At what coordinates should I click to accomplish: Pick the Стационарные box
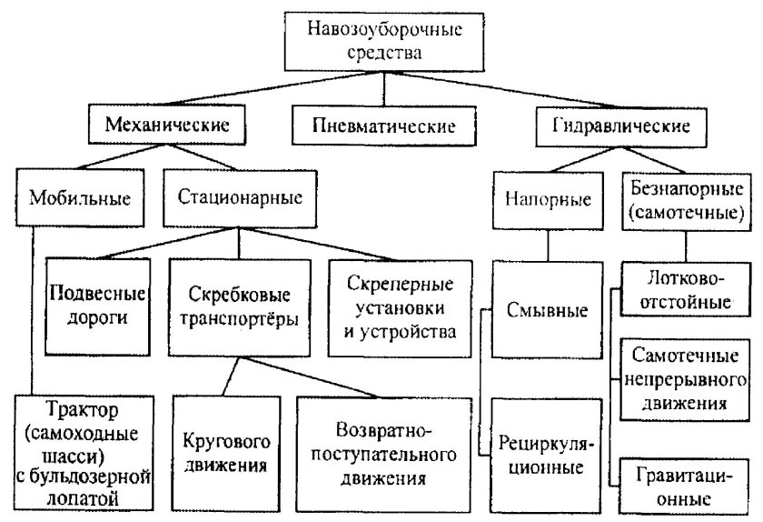(241, 196)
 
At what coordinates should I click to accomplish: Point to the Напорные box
(548, 197)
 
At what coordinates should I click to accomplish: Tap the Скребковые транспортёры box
(241, 306)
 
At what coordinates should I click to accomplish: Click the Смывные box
(547, 310)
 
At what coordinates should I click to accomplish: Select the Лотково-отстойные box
(688, 287)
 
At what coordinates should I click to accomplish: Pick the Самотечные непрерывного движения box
(688, 377)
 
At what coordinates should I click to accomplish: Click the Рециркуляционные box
(548, 456)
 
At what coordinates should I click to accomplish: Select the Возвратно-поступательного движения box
(381, 453)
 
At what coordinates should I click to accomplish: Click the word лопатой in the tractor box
(81, 497)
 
